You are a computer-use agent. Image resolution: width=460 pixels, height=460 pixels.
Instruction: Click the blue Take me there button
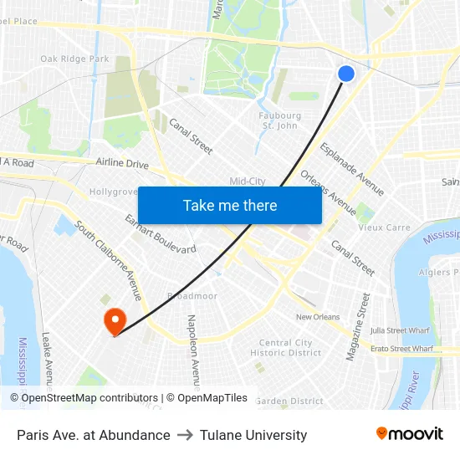click(229, 205)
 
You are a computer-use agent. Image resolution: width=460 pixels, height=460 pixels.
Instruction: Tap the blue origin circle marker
click(345, 74)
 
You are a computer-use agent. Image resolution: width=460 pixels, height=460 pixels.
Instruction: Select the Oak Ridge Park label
click(74, 59)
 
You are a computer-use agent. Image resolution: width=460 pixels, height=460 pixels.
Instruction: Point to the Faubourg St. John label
click(280, 120)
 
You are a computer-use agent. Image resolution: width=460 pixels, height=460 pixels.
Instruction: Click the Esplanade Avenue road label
click(352, 169)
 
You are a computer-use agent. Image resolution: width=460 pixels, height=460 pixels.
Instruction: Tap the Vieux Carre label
click(384, 227)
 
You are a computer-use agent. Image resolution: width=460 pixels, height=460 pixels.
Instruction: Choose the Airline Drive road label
click(122, 163)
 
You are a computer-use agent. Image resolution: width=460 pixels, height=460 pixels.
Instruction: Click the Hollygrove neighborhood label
click(113, 192)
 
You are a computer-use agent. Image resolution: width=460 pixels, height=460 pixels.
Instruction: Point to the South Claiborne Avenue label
click(109, 260)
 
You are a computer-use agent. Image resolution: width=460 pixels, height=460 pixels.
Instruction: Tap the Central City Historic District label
click(285, 348)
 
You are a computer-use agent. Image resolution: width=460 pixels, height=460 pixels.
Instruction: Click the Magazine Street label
click(357, 327)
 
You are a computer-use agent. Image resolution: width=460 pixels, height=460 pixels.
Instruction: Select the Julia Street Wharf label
click(400, 331)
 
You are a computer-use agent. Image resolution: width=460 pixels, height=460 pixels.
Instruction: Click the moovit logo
click(409, 434)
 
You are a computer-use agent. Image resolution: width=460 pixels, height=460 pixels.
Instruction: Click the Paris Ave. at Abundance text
click(93, 435)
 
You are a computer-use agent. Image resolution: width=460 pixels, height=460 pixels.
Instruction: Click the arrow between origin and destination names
click(186, 435)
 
